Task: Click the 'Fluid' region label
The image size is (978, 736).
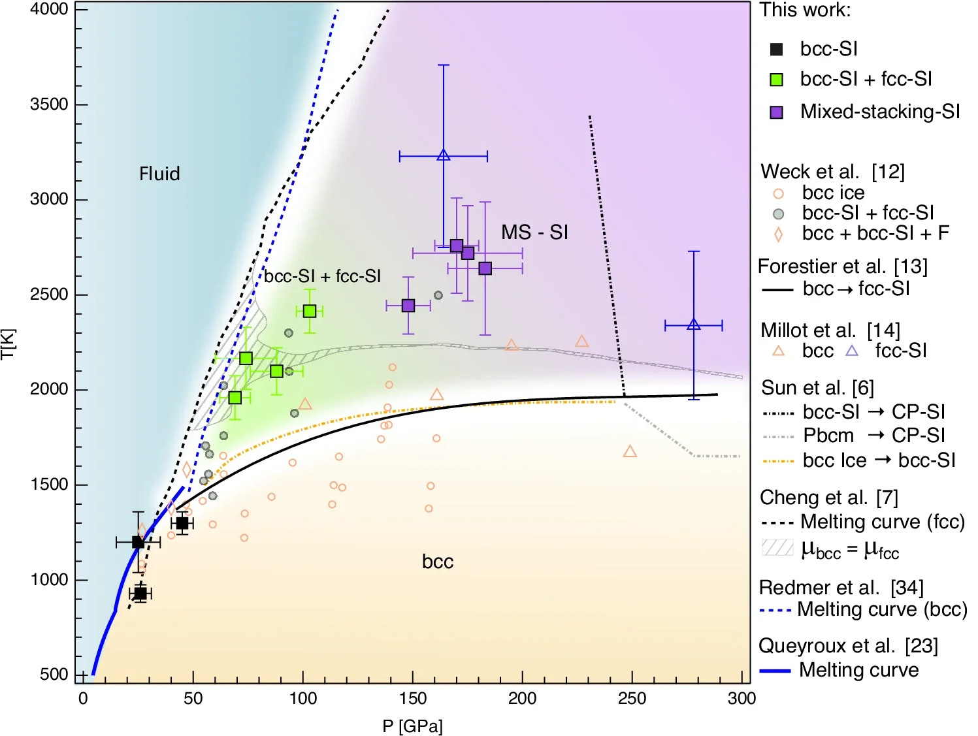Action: coord(159,174)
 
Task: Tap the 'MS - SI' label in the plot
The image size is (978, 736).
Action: coord(534,232)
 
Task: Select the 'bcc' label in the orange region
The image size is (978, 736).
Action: coord(438,562)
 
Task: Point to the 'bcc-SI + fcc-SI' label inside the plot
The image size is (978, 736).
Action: coord(323,276)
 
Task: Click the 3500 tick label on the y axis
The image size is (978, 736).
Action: coord(49,104)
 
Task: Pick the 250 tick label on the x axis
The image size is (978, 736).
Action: coord(632,698)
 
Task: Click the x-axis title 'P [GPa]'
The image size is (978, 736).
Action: coord(412,726)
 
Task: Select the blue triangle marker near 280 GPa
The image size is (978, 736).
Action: coord(694,325)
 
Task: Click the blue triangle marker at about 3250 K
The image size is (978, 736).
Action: coord(444,155)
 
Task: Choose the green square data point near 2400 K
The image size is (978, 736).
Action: coord(310,312)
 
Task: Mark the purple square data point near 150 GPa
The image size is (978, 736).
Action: coord(408,306)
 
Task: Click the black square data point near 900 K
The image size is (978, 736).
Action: coord(140,594)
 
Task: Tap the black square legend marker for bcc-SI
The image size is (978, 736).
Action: coord(777,50)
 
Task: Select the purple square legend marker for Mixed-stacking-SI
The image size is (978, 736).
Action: coord(777,112)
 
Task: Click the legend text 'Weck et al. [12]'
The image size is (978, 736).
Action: coord(833,172)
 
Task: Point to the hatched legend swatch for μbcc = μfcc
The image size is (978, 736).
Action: coord(777,547)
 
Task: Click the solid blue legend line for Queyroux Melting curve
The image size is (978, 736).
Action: coord(775,671)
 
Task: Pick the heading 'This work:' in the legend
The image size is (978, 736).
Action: coord(805,10)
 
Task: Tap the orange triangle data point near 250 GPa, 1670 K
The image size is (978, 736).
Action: coord(630,452)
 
